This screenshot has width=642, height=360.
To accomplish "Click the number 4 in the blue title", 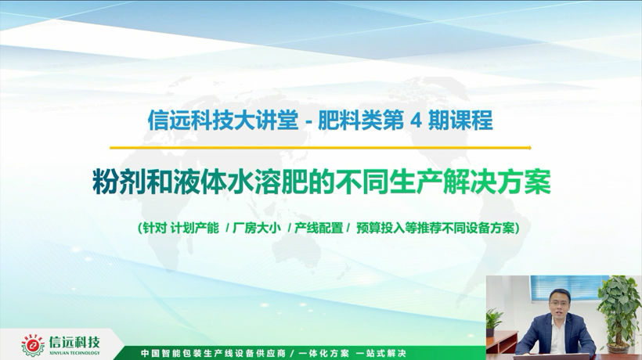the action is pyautogui.click(x=416, y=121).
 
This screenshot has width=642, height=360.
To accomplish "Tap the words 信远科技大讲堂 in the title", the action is pyautogui.click(x=222, y=121).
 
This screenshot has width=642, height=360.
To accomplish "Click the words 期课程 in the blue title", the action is pyautogui.click(x=460, y=121).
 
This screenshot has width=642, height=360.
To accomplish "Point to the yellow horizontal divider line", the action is pyautogui.click(x=320, y=148).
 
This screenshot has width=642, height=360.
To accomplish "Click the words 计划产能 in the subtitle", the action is pyautogui.click(x=194, y=228).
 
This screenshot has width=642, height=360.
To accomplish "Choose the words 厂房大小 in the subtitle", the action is pyautogui.click(x=257, y=228).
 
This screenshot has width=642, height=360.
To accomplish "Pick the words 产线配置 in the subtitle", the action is pyautogui.click(x=319, y=228).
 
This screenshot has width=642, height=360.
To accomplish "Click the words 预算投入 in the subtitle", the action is pyautogui.click(x=381, y=228).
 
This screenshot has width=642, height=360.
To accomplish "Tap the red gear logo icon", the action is pyautogui.click(x=33, y=346).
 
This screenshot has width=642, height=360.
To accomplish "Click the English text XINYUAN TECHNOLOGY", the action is pyautogui.click(x=74, y=353).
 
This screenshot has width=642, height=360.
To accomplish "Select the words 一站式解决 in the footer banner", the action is pyautogui.click(x=381, y=353).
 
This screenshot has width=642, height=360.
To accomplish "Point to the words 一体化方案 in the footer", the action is pyautogui.click(x=324, y=353).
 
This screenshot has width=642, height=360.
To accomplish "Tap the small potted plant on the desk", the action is pyautogui.click(x=493, y=322).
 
